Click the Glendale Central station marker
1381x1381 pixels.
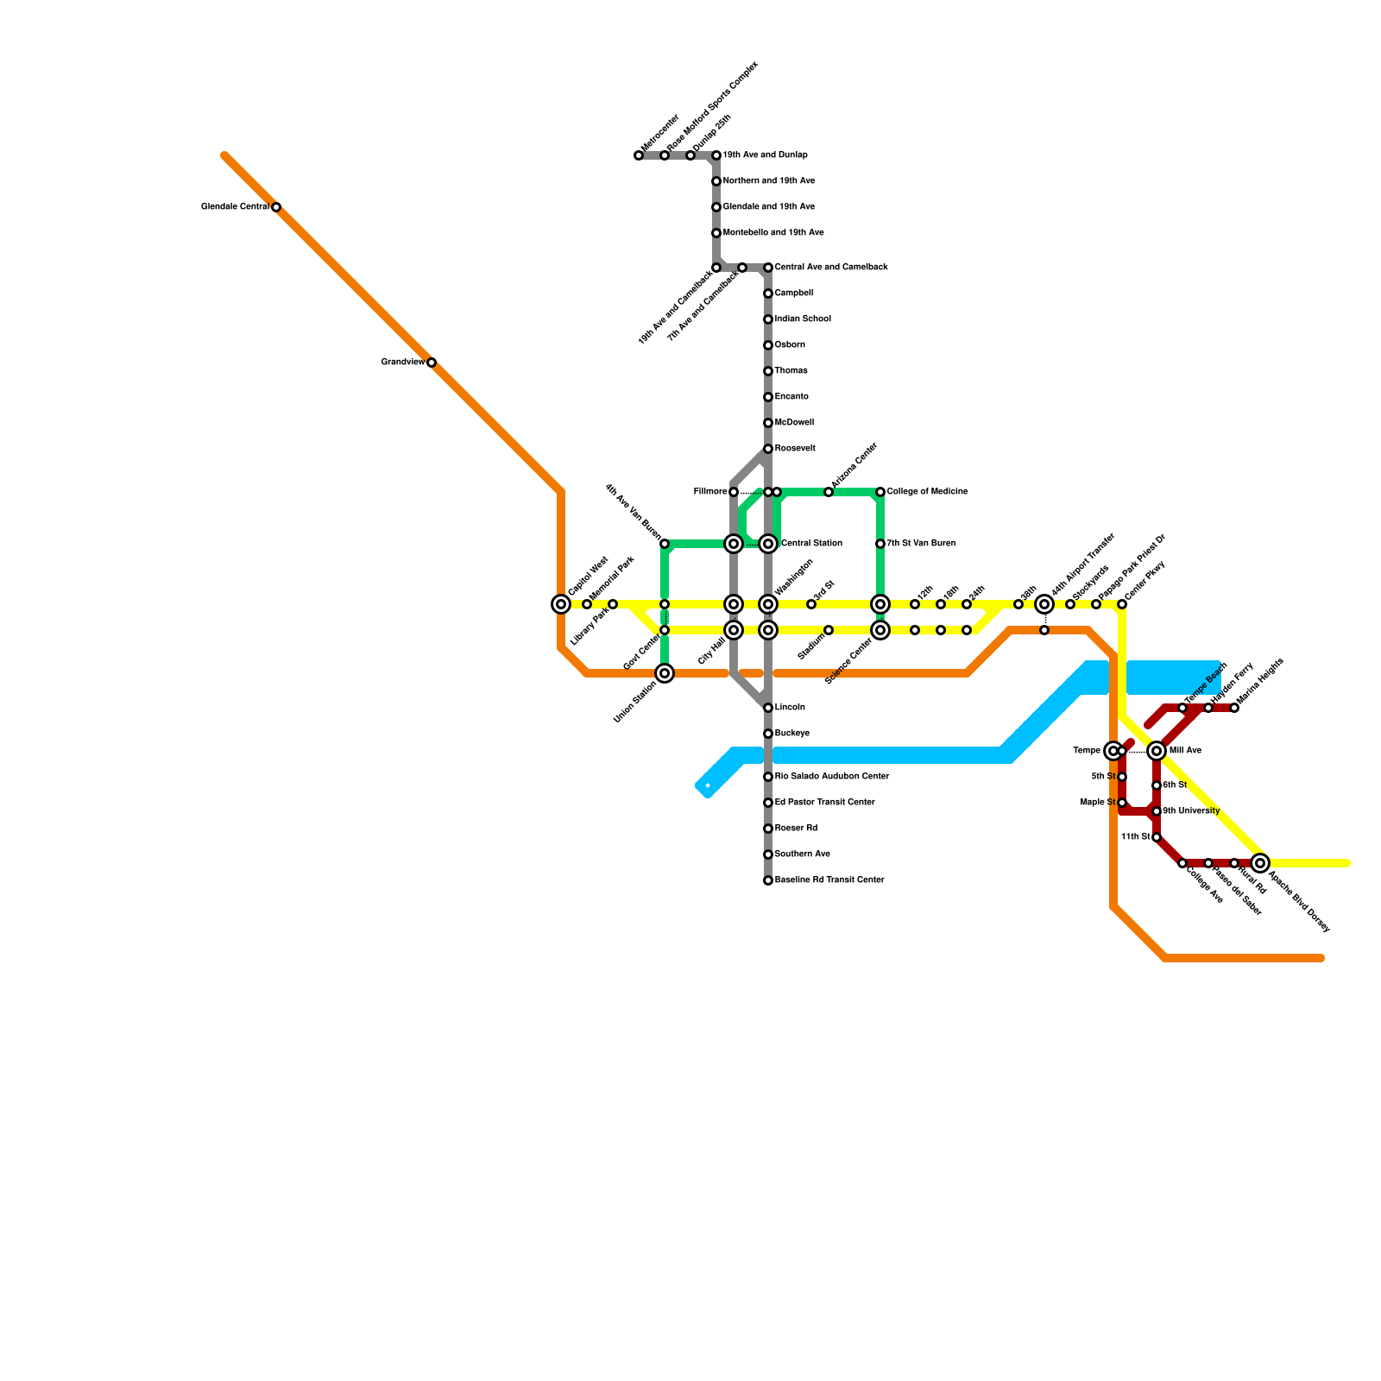(x=276, y=207)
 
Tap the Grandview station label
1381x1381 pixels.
(x=403, y=363)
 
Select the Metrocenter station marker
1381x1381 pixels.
(x=639, y=156)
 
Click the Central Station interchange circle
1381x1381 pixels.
(x=768, y=544)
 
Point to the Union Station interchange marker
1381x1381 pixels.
(x=665, y=673)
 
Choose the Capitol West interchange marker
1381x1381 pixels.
(x=561, y=604)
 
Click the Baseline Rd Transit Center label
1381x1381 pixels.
(x=829, y=880)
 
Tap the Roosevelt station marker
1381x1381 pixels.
(x=768, y=449)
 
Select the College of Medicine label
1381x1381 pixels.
(x=927, y=492)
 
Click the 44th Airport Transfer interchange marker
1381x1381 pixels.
(x=1044, y=604)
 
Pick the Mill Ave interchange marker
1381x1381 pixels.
(x=1157, y=751)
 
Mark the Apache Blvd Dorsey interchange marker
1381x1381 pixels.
(x=1260, y=863)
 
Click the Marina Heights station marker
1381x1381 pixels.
(x=1234, y=708)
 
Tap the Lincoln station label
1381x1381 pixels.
(x=790, y=708)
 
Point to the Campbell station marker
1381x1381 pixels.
(x=768, y=293)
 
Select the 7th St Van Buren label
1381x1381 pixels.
(x=921, y=544)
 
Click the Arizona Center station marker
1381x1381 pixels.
(x=829, y=492)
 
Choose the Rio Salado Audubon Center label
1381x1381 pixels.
(x=831, y=777)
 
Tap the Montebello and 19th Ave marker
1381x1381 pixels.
(x=716, y=233)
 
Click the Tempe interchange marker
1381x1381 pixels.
(x=1113, y=751)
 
